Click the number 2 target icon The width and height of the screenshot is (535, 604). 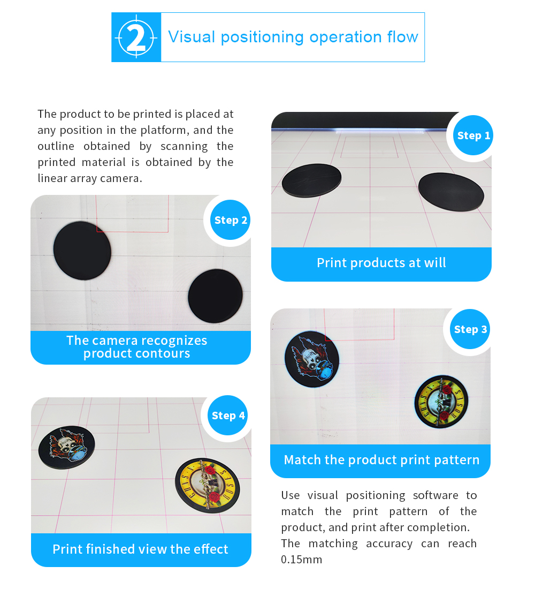pyautogui.click(x=136, y=37)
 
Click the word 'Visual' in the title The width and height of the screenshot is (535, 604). pyautogui.click(x=192, y=37)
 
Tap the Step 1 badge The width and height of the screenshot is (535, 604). pyautogui.click(x=473, y=135)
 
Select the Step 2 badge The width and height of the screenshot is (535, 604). pyautogui.click(x=231, y=220)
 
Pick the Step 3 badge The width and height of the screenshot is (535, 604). pyautogui.click(x=470, y=329)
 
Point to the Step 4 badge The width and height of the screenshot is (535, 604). pyautogui.click(x=228, y=416)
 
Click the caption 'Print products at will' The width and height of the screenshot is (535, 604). pyautogui.click(x=381, y=263)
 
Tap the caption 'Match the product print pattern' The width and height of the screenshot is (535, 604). pyautogui.click(x=381, y=459)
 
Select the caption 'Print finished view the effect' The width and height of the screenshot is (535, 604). pyautogui.click(x=141, y=549)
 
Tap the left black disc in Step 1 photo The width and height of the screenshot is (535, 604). pyautogui.click(x=312, y=180)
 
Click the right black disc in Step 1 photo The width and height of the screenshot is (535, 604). pyautogui.click(x=451, y=192)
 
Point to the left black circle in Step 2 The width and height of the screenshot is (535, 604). pyautogui.click(x=82, y=251)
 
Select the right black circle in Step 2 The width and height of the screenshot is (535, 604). pyautogui.click(x=216, y=296)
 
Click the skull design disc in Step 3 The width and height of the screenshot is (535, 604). pyautogui.click(x=312, y=359)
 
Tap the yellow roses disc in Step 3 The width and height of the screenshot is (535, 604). pyautogui.click(x=441, y=402)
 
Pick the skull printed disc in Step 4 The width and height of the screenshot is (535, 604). pyautogui.click(x=66, y=447)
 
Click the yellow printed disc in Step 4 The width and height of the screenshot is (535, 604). pyautogui.click(x=208, y=485)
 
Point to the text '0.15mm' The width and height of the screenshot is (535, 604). pyautogui.click(x=301, y=560)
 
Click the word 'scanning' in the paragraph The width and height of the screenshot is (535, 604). pyautogui.click(x=184, y=146)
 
